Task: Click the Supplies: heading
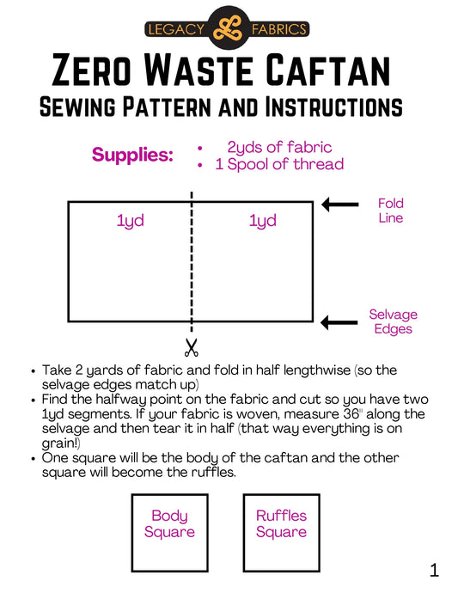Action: pyautogui.click(x=132, y=156)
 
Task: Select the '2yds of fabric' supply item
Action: pyautogui.click(x=278, y=147)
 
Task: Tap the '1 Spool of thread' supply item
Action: pyautogui.click(x=278, y=164)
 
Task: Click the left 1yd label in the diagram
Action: pyautogui.click(x=130, y=221)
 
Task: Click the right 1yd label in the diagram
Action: pyautogui.click(x=262, y=221)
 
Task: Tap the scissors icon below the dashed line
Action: pyautogui.click(x=191, y=347)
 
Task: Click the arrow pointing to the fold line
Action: pyautogui.click(x=339, y=205)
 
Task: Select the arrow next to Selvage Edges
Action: pyautogui.click(x=339, y=322)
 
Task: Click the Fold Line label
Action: pyautogui.click(x=390, y=211)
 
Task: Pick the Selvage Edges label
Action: pyautogui.click(x=393, y=322)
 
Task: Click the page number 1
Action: pyautogui.click(x=434, y=570)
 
